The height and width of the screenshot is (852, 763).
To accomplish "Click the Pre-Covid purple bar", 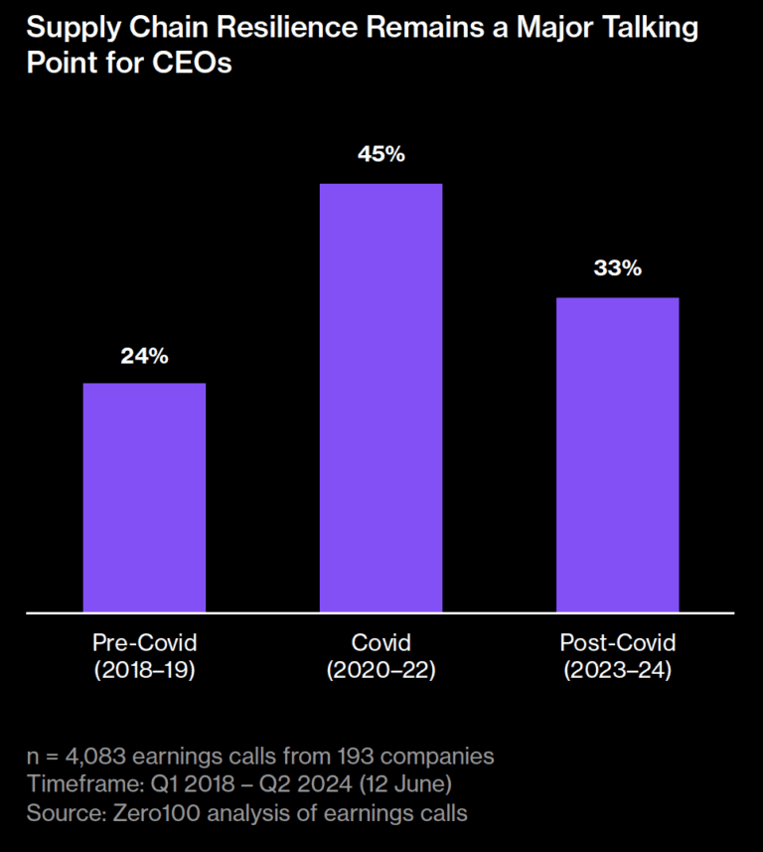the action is pos(144,498).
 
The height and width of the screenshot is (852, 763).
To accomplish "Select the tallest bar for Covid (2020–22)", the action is pos(381,399).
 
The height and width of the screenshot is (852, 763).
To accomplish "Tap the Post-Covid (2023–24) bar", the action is pos(618,454).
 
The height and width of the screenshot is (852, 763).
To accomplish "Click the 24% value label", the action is pos(144,356).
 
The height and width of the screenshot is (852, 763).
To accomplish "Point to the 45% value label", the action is pos(381,154).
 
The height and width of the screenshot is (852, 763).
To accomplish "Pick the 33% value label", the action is pos(618,267).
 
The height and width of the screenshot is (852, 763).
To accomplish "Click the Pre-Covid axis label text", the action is pos(144,643).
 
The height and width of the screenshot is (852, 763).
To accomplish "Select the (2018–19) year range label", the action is pos(144,670).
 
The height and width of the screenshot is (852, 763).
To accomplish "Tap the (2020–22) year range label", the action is pos(381,670).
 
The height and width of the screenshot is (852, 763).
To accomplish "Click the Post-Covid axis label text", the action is pos(618,643).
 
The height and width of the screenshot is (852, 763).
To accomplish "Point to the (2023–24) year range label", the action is pos(618,670).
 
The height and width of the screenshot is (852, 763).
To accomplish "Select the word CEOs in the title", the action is pos(192,63).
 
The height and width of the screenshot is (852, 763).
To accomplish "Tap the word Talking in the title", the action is pos(645,28).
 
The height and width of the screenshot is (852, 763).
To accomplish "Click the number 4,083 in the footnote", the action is pos(95,757).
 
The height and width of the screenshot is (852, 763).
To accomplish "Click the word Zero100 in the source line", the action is pos(157,813).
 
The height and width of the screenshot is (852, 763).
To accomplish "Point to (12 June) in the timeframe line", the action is pos(405,784).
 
